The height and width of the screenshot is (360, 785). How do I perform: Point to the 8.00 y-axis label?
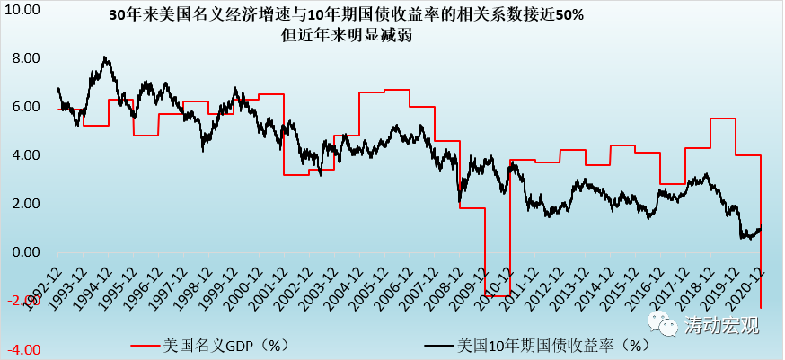click(x=24, y=58)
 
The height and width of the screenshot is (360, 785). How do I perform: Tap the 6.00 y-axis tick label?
click(x=24, y=107)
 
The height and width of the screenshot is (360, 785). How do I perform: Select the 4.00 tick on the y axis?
click(x=24, y=155)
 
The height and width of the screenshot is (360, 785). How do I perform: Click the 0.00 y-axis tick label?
click(x=24, y=252)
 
